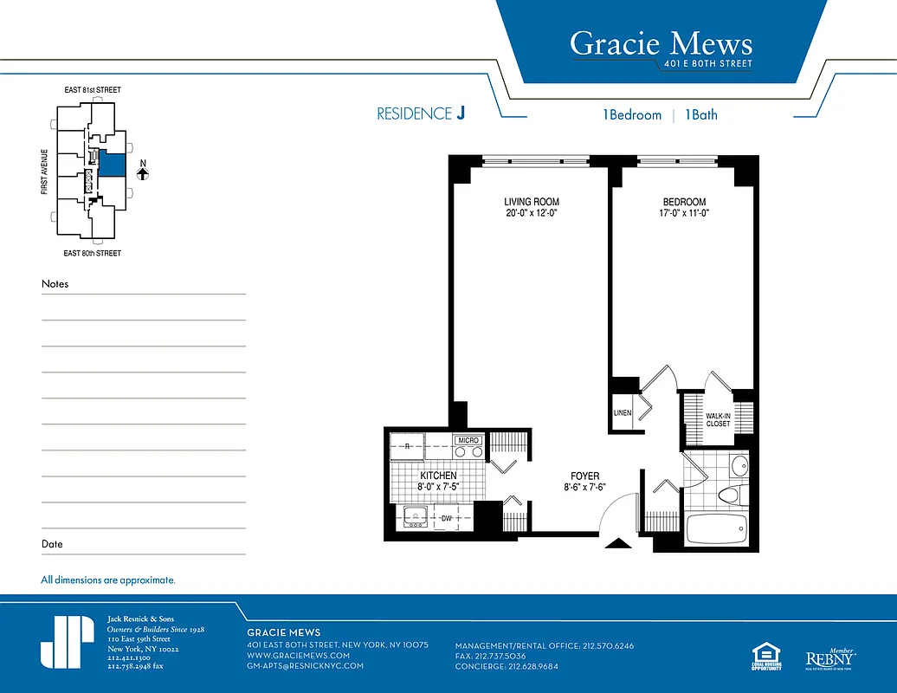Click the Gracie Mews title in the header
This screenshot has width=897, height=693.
click(x=661, y=43)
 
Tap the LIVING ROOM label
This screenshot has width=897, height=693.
click(x=532, y=202)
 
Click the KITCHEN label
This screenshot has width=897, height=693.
click(x=438, y=476)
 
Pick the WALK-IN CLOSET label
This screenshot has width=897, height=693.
click(x=718, y=420)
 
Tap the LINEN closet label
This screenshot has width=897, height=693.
click(x=623, y=413)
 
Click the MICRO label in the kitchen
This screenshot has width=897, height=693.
click(x=468, y=441)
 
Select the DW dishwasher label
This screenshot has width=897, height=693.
click(x=447, y=519)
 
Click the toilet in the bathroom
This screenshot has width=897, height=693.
click(x=728, y=495)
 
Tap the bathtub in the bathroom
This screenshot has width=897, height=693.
click(x=715, y=528)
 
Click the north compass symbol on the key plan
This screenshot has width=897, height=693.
click(x=144, y=173)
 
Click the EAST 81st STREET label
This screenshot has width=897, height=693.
click(x=93, y=90)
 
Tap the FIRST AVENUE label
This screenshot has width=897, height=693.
click(x=44, y=170)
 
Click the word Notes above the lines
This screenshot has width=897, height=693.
click(x=55, y=284)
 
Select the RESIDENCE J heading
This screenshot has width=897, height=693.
click(x=421, y=114)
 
